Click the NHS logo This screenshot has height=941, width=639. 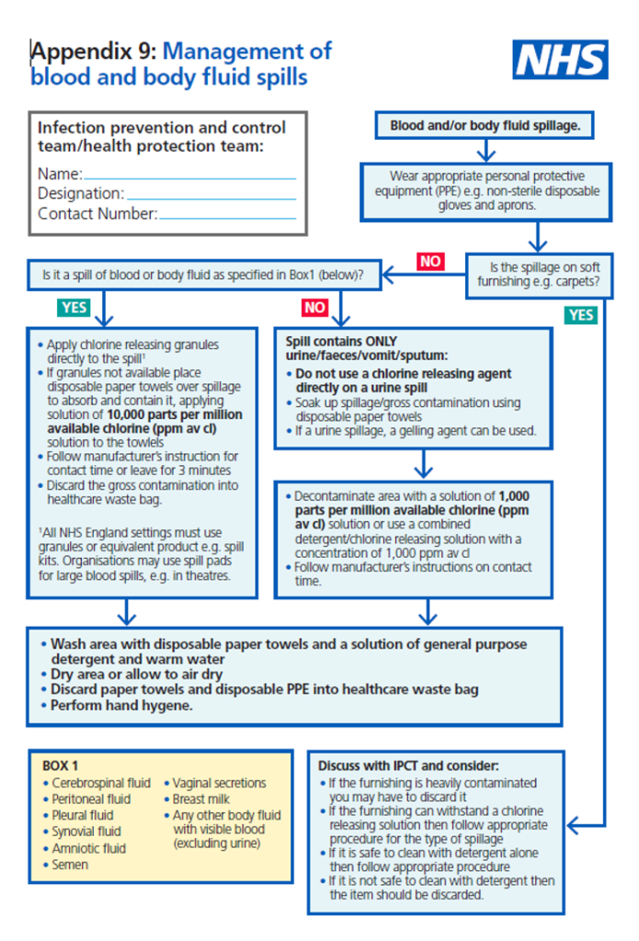click(x=560, y=60)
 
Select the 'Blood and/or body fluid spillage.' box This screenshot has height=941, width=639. click(x=485, y=126)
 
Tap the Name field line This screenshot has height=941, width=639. click(x=189, y=176)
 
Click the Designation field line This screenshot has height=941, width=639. click(x=211, y=195)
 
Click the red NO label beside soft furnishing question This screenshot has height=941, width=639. click(x=430, y=261)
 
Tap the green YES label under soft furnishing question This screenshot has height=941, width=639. click(x=581, y=314)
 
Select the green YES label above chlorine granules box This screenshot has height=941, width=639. click(x=74, y=307)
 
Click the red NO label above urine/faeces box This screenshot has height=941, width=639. click(x=314, y=307)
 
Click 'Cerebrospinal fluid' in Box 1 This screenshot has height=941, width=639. click(x=100, y=783)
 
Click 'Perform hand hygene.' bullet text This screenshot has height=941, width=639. click(x=121, y=706)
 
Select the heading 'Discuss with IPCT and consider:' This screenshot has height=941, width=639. click(x=408, y=765)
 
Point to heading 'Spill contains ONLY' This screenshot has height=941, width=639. click(x=342, y=341)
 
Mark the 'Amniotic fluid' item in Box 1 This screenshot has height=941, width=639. click(x=88, y=848)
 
